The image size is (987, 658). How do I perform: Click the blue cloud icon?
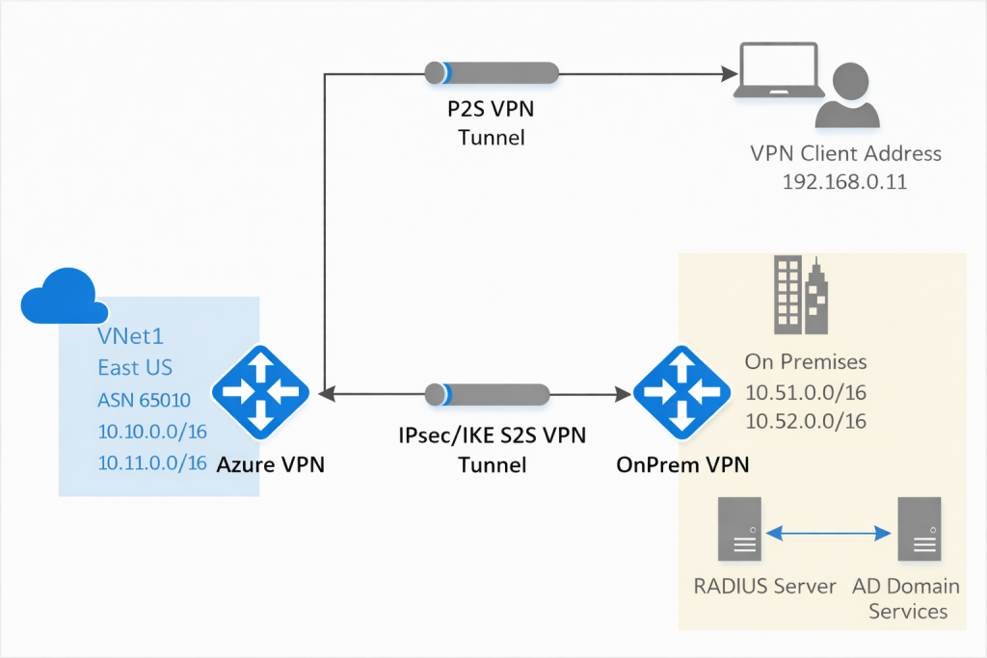pos(59,297)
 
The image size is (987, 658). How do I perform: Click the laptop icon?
pos(775,72)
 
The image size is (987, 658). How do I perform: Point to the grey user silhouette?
pos(847,96)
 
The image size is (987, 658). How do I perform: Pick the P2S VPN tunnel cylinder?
pos(492,73)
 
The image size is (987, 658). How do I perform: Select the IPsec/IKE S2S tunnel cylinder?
pos(487,395)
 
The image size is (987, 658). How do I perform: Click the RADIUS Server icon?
pos(739,529)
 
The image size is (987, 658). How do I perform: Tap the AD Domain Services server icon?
pos(920,529)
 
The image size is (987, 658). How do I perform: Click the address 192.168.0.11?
pos(845,180)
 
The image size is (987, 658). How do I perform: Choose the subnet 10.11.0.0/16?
pos(152,462)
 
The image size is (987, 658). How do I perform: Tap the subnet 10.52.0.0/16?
pos(806,421)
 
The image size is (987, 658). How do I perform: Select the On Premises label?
pos(806,362)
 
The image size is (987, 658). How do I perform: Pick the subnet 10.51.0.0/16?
pos(806,392)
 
